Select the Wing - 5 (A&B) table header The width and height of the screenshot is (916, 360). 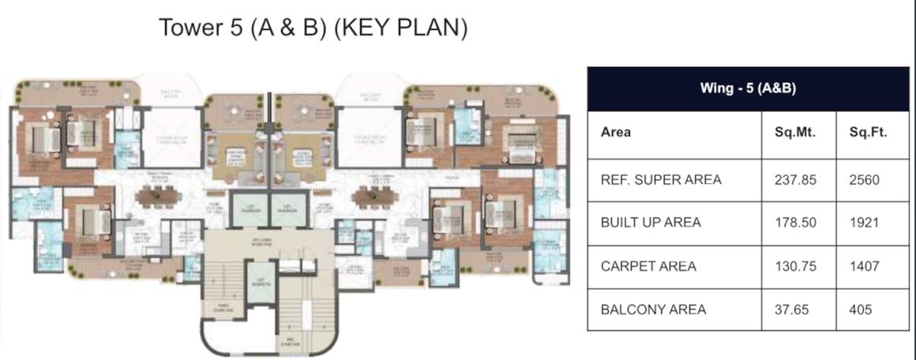coord(748,88)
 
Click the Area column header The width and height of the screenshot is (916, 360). coord(616,132)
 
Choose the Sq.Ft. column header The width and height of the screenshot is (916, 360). coord(868,132)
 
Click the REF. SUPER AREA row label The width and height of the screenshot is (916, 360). coord(661,180)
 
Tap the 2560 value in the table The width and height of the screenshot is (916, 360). coord(864,180)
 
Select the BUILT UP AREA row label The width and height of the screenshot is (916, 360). coord(651,223)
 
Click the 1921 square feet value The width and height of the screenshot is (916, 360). coord(864,223)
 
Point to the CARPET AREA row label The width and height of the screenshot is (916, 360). coord(648,266)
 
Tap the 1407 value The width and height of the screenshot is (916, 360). coord(864,266)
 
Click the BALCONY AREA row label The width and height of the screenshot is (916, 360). coord(653,309)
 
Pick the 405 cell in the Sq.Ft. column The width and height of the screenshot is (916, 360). coord(862,309)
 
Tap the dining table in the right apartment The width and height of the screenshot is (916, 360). coord(371,196)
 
